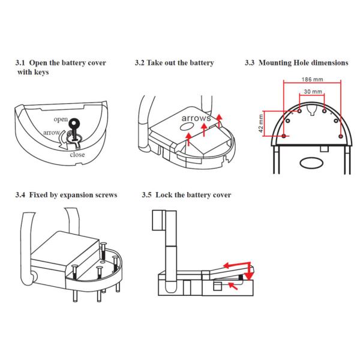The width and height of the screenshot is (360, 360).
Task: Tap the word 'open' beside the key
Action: (x=60, y=119)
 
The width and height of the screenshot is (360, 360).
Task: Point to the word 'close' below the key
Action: (x=77, y=154)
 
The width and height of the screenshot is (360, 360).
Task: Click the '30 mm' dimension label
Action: (x=312, y=91)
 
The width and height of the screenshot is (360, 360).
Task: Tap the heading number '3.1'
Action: (x=20, y=62)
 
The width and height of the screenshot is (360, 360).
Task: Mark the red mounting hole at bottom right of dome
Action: (x=341, y=137)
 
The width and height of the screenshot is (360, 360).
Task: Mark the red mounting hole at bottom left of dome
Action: (x=282, y=137)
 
